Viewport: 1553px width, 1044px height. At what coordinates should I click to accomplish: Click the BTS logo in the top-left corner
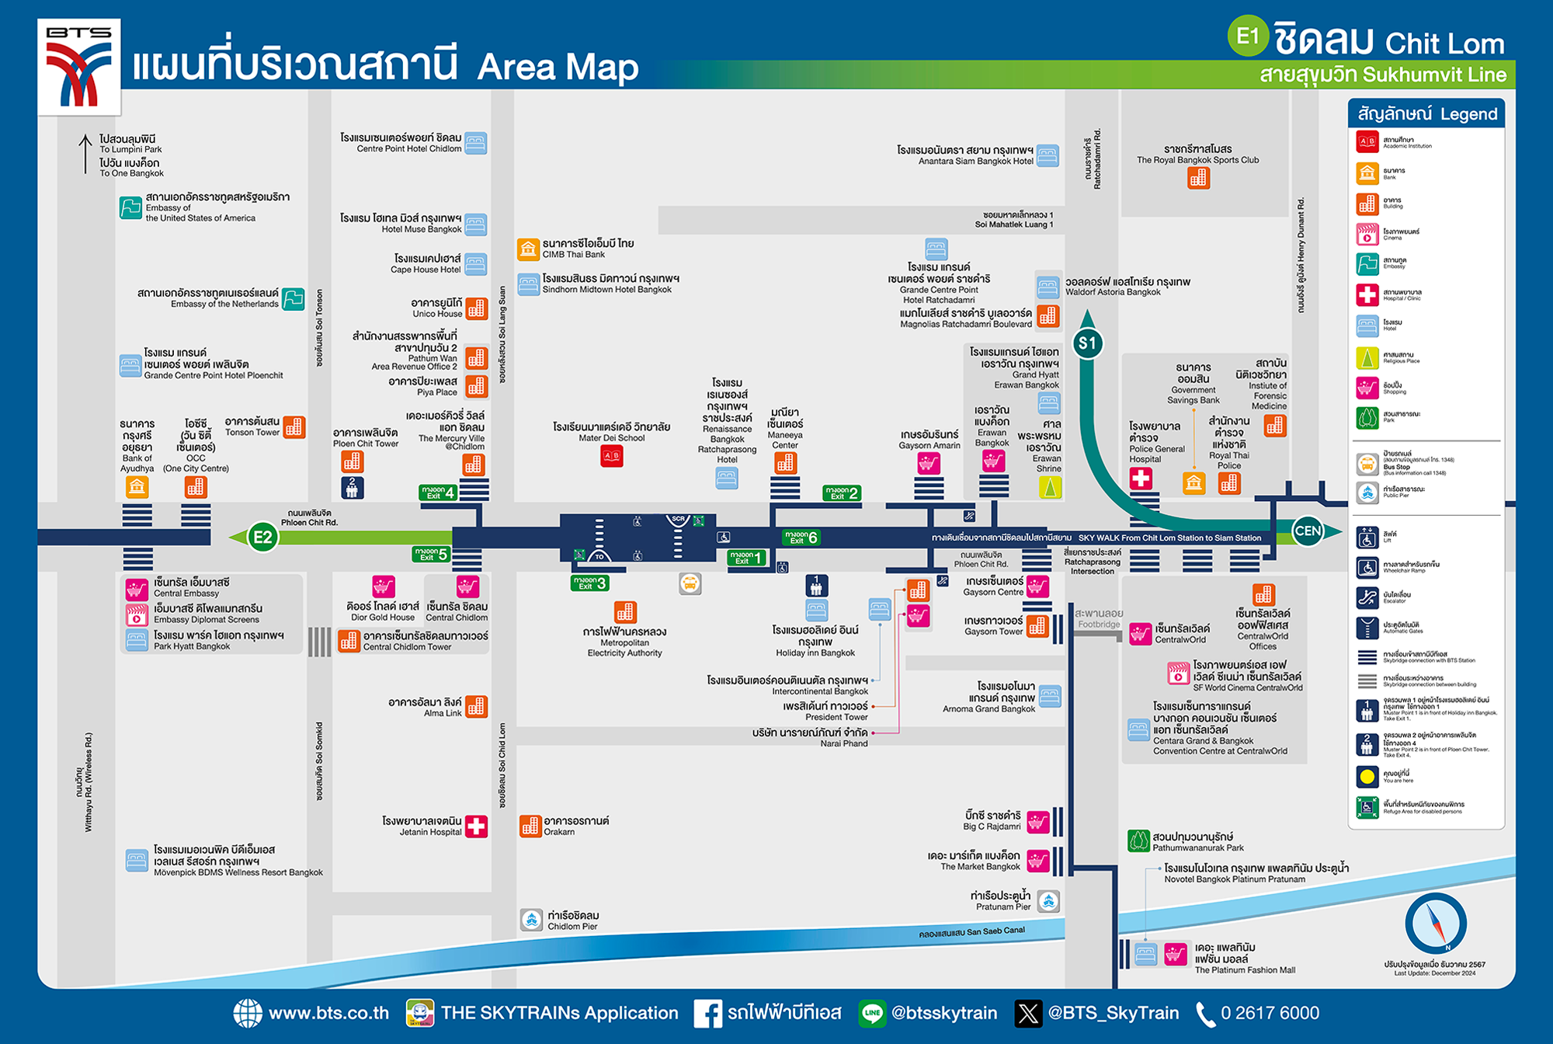(x=79, y=67)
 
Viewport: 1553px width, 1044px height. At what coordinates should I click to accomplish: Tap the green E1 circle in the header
(x=1247, y=36)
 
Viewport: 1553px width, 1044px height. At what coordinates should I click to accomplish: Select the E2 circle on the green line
(x=262, y=537)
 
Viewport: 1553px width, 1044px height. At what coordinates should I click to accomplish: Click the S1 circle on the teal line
(x=1087, y=343)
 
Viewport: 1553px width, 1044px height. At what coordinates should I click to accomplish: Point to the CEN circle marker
(x=1308, y=531)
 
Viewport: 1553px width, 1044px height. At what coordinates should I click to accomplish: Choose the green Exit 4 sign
(x=438, y=492)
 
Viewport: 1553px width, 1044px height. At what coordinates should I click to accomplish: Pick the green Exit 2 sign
(x=842, y=492)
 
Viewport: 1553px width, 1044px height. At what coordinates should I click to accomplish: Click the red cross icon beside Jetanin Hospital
(x=476, y=826)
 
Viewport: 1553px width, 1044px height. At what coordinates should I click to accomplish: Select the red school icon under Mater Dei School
(x=612, y=456)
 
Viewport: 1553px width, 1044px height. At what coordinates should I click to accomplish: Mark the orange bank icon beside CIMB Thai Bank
(x=528, y=249)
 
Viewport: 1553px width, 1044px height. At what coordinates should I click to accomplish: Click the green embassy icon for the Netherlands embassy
(x=294, y=298)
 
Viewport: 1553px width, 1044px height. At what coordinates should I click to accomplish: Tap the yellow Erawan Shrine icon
(x=1050, y=487)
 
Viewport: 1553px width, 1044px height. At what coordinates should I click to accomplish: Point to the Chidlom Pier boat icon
(x=531, y=920)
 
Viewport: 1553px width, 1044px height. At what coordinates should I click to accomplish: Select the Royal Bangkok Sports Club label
(x=1197, y=154)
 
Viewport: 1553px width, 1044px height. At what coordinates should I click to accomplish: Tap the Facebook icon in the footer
(x=707, y=1013)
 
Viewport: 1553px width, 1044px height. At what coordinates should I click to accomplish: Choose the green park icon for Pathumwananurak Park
(x=1138, y=840)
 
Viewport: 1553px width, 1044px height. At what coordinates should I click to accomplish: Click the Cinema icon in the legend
(x=1367, y=234)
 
